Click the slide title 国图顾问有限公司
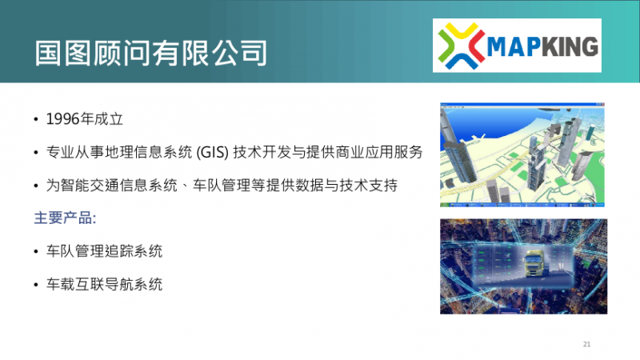[150, 53]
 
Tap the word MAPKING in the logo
[542, 46]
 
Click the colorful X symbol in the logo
[462, 46]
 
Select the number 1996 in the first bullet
[62, 119]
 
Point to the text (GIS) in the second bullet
[212, 152]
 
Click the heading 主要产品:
[66, 218]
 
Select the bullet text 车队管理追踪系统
[105, 251]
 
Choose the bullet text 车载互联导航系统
[105, 284]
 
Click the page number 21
[586, 344]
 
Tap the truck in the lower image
[534, 263]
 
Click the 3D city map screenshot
[522, 154]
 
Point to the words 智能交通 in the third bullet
[90, 186]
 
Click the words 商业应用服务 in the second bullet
[378, 152]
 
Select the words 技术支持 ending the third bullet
[369, 186]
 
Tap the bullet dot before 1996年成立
[36, 119]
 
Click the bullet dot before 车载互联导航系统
[36, 285]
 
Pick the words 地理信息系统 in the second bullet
[149, 152]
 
